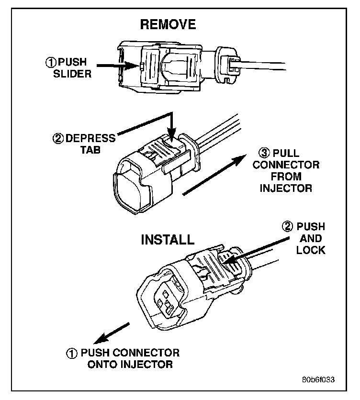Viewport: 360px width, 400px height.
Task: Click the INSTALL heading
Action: click(167, 239)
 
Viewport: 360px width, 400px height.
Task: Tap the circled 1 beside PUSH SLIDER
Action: click(51, 62)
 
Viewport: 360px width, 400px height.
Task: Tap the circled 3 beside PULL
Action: click(264, 154)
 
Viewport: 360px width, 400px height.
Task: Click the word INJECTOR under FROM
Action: click(286, 188)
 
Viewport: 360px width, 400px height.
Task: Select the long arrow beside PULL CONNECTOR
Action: click(211, 178)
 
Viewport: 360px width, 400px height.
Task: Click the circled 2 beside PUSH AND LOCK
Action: click(288, 226)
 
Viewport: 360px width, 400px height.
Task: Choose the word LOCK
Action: click(311, 250)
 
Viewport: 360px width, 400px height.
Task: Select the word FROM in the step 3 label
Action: click(286, 177)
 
